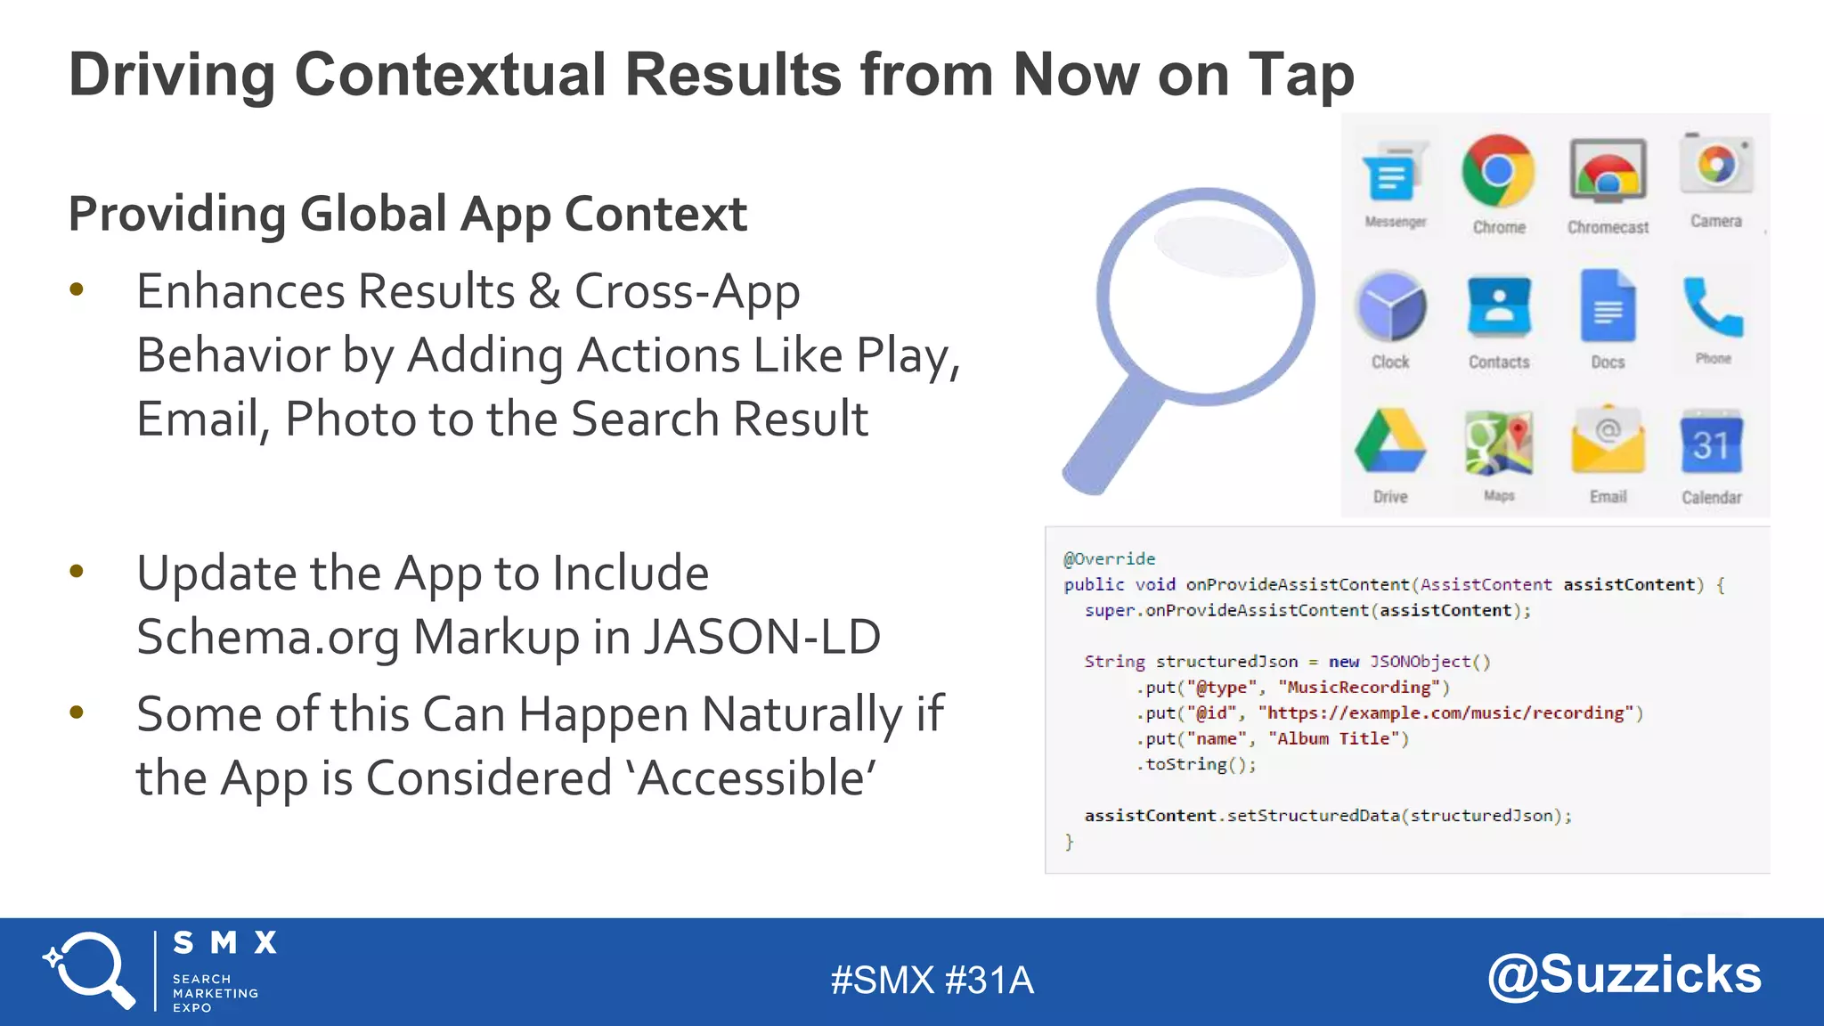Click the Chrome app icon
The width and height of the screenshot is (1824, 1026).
click(1498, 171)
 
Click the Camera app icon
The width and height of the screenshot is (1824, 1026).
click(1716, 165)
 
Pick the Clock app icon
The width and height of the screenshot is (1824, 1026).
click(1391, 308)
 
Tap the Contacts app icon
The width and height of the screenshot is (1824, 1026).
click(1499, 306)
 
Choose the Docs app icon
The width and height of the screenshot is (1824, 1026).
click(1608, 306)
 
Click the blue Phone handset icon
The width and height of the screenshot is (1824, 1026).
click(1712, 307)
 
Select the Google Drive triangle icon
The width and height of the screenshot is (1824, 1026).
click(1390, 442)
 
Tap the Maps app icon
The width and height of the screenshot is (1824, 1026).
click(1499, 443)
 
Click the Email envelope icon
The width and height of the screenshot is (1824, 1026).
click(1608, 442)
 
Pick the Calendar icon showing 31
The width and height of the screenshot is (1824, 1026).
click(1711, 443)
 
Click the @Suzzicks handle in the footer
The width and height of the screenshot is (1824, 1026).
click(1624, 974)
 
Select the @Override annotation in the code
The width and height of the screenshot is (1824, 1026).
click(1109, 558)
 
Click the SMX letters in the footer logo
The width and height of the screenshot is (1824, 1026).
click(224, 942)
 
